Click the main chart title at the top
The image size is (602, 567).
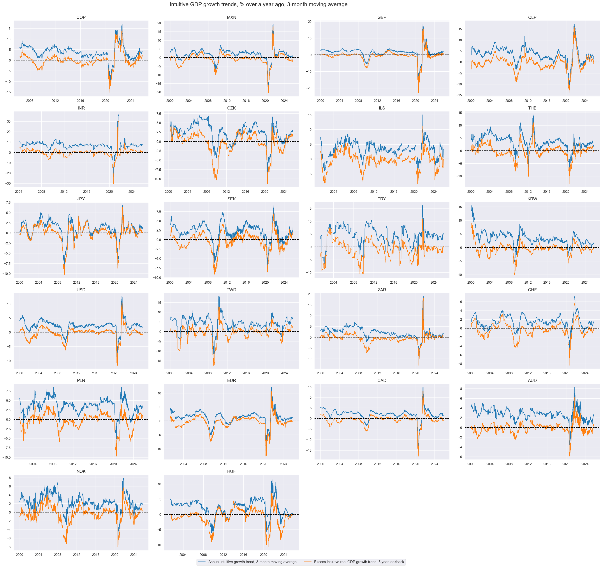[258, 5]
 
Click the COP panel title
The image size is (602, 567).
[81, 18]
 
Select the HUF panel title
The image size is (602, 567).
[231, 472]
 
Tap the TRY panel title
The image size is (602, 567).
[382, 199]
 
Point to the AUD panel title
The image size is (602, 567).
[532, 381]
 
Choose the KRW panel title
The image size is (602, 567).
[532, 199]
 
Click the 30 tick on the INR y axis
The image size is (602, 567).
[9, 122]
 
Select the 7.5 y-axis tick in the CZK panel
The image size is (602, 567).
[158, 114]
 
